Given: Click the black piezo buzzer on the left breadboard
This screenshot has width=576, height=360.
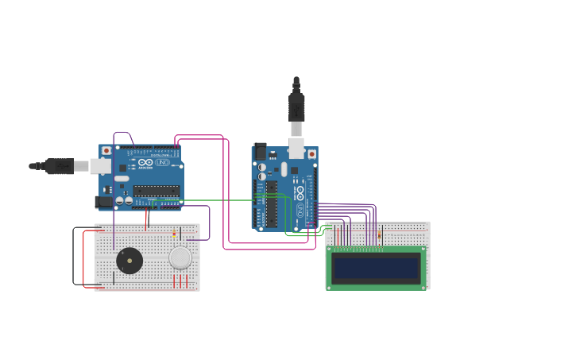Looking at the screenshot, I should [129, 260].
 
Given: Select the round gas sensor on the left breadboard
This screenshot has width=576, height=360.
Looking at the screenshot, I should [180, 257].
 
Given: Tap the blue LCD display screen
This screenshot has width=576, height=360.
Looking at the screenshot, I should [376, 269].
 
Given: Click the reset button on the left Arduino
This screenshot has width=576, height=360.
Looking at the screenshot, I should [106, 150].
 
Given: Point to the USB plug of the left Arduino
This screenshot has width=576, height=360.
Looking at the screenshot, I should [60, 166].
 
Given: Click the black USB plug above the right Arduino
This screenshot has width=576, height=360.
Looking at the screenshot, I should [296, 106].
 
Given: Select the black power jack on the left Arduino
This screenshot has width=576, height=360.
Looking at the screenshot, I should [102, 202].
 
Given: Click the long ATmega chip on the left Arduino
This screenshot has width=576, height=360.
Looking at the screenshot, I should [156, 191].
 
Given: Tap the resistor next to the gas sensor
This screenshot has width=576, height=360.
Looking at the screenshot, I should [174, 234].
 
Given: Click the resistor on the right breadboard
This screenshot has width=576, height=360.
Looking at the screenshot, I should [379, 234].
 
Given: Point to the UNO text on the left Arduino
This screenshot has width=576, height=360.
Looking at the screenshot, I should [162, 162].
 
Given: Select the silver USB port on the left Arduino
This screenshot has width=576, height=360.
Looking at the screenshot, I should [100, 166].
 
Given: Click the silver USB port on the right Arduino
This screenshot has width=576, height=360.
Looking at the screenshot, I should [296, 148].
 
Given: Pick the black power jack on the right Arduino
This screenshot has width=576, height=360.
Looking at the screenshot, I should [260, 151].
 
